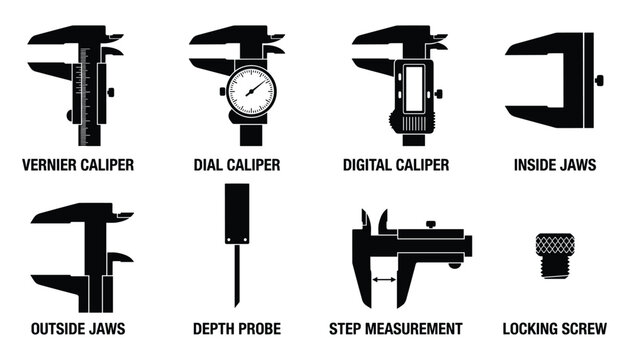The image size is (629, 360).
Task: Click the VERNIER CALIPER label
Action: tap(78, 164)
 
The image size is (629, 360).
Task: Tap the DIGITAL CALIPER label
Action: tap(396, 164)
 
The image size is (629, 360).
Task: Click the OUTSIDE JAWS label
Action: tap(78, 328)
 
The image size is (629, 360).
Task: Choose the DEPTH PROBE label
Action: tap(236, 328)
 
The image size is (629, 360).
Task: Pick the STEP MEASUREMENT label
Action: tap(396, 328)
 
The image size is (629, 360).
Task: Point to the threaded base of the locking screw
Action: tap(552, 268)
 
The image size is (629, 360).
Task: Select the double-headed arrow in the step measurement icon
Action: tap(383, 281)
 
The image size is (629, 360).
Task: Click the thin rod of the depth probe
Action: tap(236, 275)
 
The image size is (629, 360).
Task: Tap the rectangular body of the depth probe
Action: tap(236, 215)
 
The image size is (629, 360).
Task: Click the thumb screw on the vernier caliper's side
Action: tap(110, 92)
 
